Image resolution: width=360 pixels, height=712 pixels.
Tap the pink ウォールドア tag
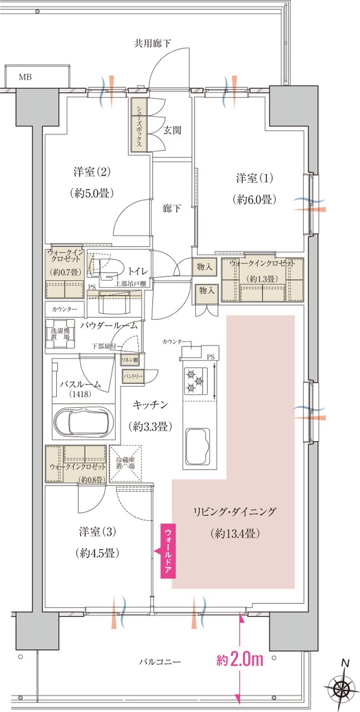(x=168, y=551)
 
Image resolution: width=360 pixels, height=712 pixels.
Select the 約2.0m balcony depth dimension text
(x=239, y=660)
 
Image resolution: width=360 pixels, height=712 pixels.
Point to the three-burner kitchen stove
(x=195, y=381)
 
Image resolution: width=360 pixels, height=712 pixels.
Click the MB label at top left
(x=26, y=76)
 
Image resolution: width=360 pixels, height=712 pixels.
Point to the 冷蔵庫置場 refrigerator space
(x=126, y=463)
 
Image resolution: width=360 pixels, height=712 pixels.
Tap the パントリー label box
(x=134, y=377)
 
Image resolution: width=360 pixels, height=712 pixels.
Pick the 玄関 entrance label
(x=171, y=130)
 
